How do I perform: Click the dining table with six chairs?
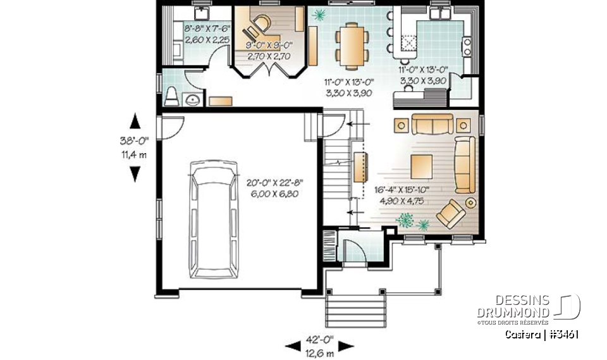tap(349, 45)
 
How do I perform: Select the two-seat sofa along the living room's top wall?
tap(432, 123)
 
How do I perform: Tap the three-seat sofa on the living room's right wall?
tap(465, 164)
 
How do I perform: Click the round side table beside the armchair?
tap(471, 202)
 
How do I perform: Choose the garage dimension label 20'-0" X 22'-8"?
tap(273, 188)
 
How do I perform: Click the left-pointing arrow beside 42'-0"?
tap(293, 345)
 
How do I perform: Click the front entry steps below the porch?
tap(355, 310)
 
